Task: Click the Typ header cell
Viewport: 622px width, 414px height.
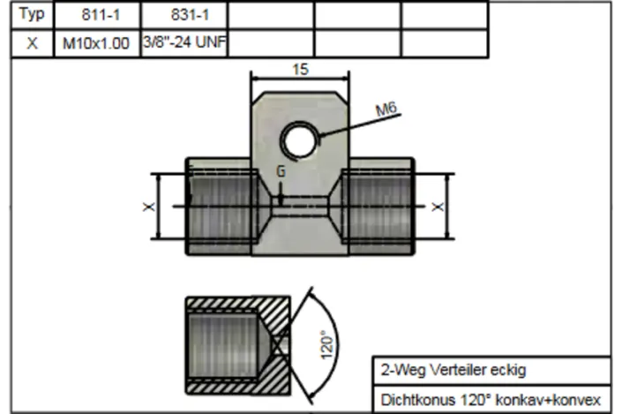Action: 31,15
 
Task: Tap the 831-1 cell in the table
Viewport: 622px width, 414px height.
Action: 184,15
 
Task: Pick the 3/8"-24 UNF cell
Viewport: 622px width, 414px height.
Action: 184,43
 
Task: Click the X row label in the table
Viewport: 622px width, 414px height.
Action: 31,43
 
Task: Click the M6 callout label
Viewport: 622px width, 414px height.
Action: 386,109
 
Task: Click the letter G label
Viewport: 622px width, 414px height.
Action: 281,172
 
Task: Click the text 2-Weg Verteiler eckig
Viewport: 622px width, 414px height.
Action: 453,370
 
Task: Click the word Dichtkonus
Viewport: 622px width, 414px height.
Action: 412,399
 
